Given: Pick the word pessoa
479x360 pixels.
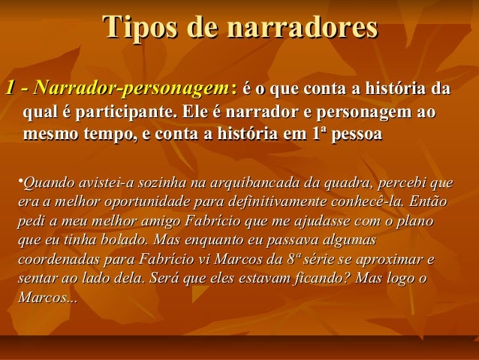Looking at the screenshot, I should tap(357, 136).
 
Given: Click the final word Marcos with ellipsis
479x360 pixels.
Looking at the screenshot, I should tap(46, 300).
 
